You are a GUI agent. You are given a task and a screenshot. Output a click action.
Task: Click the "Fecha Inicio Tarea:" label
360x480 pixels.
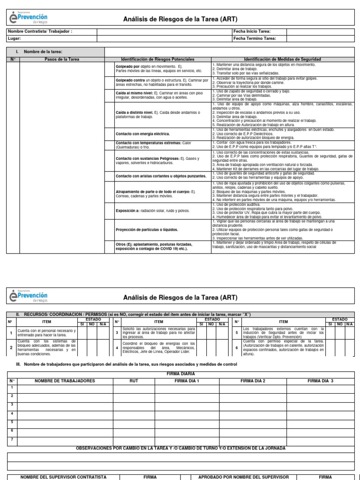(x=252, y=31)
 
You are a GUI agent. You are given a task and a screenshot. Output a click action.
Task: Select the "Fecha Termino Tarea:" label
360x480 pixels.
(x=255, y=38)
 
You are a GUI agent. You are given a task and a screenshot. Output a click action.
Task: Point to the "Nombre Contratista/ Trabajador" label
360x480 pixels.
(x=40, y=31)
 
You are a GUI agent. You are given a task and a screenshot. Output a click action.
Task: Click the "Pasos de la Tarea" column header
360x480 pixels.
(x=62, y=60)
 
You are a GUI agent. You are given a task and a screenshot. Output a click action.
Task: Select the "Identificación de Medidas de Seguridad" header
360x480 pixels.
(x=283, y=60)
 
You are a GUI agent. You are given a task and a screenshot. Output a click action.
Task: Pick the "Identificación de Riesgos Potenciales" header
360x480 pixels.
(x=157, y=60)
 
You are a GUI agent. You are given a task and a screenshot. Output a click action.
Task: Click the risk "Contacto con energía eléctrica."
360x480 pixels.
(x=143, y=134)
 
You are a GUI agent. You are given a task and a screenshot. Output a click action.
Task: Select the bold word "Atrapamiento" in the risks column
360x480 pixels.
(x=128, y=192)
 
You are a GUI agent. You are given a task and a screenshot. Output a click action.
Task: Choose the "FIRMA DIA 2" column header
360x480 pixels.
(x=253, y=381)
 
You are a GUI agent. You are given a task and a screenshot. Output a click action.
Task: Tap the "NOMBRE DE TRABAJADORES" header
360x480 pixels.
(x=65, y=381)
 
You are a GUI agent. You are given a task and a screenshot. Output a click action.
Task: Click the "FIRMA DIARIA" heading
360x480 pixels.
(x=180, y=374)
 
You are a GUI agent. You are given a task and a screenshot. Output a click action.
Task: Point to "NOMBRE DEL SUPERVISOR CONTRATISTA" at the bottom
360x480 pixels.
(x=63, y=477)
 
